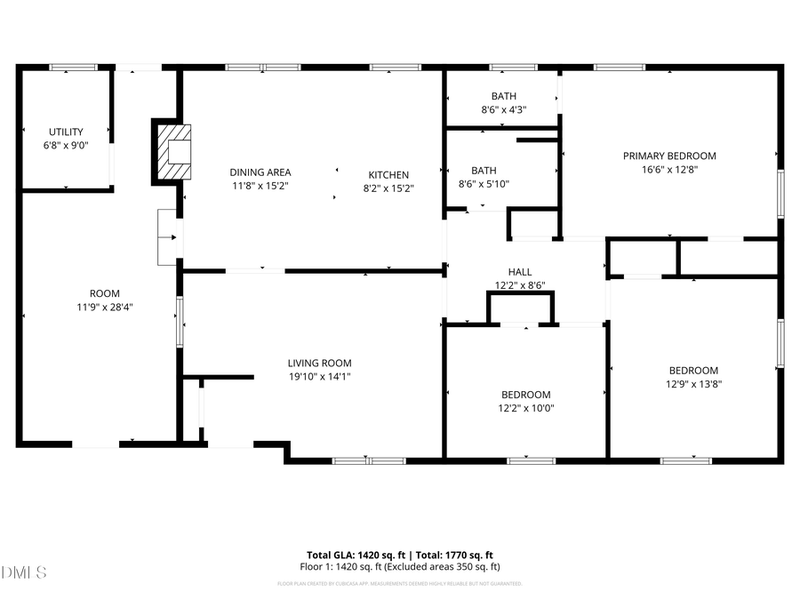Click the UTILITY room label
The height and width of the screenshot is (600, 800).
pyautogui.click(x=66, y=132)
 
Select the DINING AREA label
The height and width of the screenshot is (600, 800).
pyautogui.click(x=260, y=172)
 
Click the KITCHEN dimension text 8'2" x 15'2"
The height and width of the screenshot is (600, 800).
pyautogui.click(x=388, y=188)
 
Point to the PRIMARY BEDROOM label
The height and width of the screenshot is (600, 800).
pyautogui.click(x=668, y=156)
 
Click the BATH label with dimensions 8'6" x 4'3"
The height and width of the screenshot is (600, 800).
pyautogui.click(x=504, y=96)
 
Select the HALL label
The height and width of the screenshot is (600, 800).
pyautogui.click(x=519, y=272)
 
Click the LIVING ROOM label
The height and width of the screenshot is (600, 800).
pyautogui.click(x=319, y=363)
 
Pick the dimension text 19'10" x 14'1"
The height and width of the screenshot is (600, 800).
pyautogui.click(x=319, y=377)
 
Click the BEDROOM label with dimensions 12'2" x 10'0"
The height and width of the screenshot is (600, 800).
pyautogui.click(x=525, y=395)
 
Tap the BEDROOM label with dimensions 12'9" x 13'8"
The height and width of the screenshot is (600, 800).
pyautogui.click(x=693, y=371)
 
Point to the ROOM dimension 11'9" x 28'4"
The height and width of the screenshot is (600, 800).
pyautogui.click(x=104, y=308)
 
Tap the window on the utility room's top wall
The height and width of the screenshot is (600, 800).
pyautogui.click(x=72, y=67)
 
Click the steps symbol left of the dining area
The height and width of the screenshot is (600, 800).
pyautogui.click(x=167, y=237)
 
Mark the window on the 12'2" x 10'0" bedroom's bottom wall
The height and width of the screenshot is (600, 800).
pyautogui.click(x=531, y=460)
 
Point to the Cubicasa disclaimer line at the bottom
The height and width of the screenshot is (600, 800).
pyautogui.click(x=399, y=584)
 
